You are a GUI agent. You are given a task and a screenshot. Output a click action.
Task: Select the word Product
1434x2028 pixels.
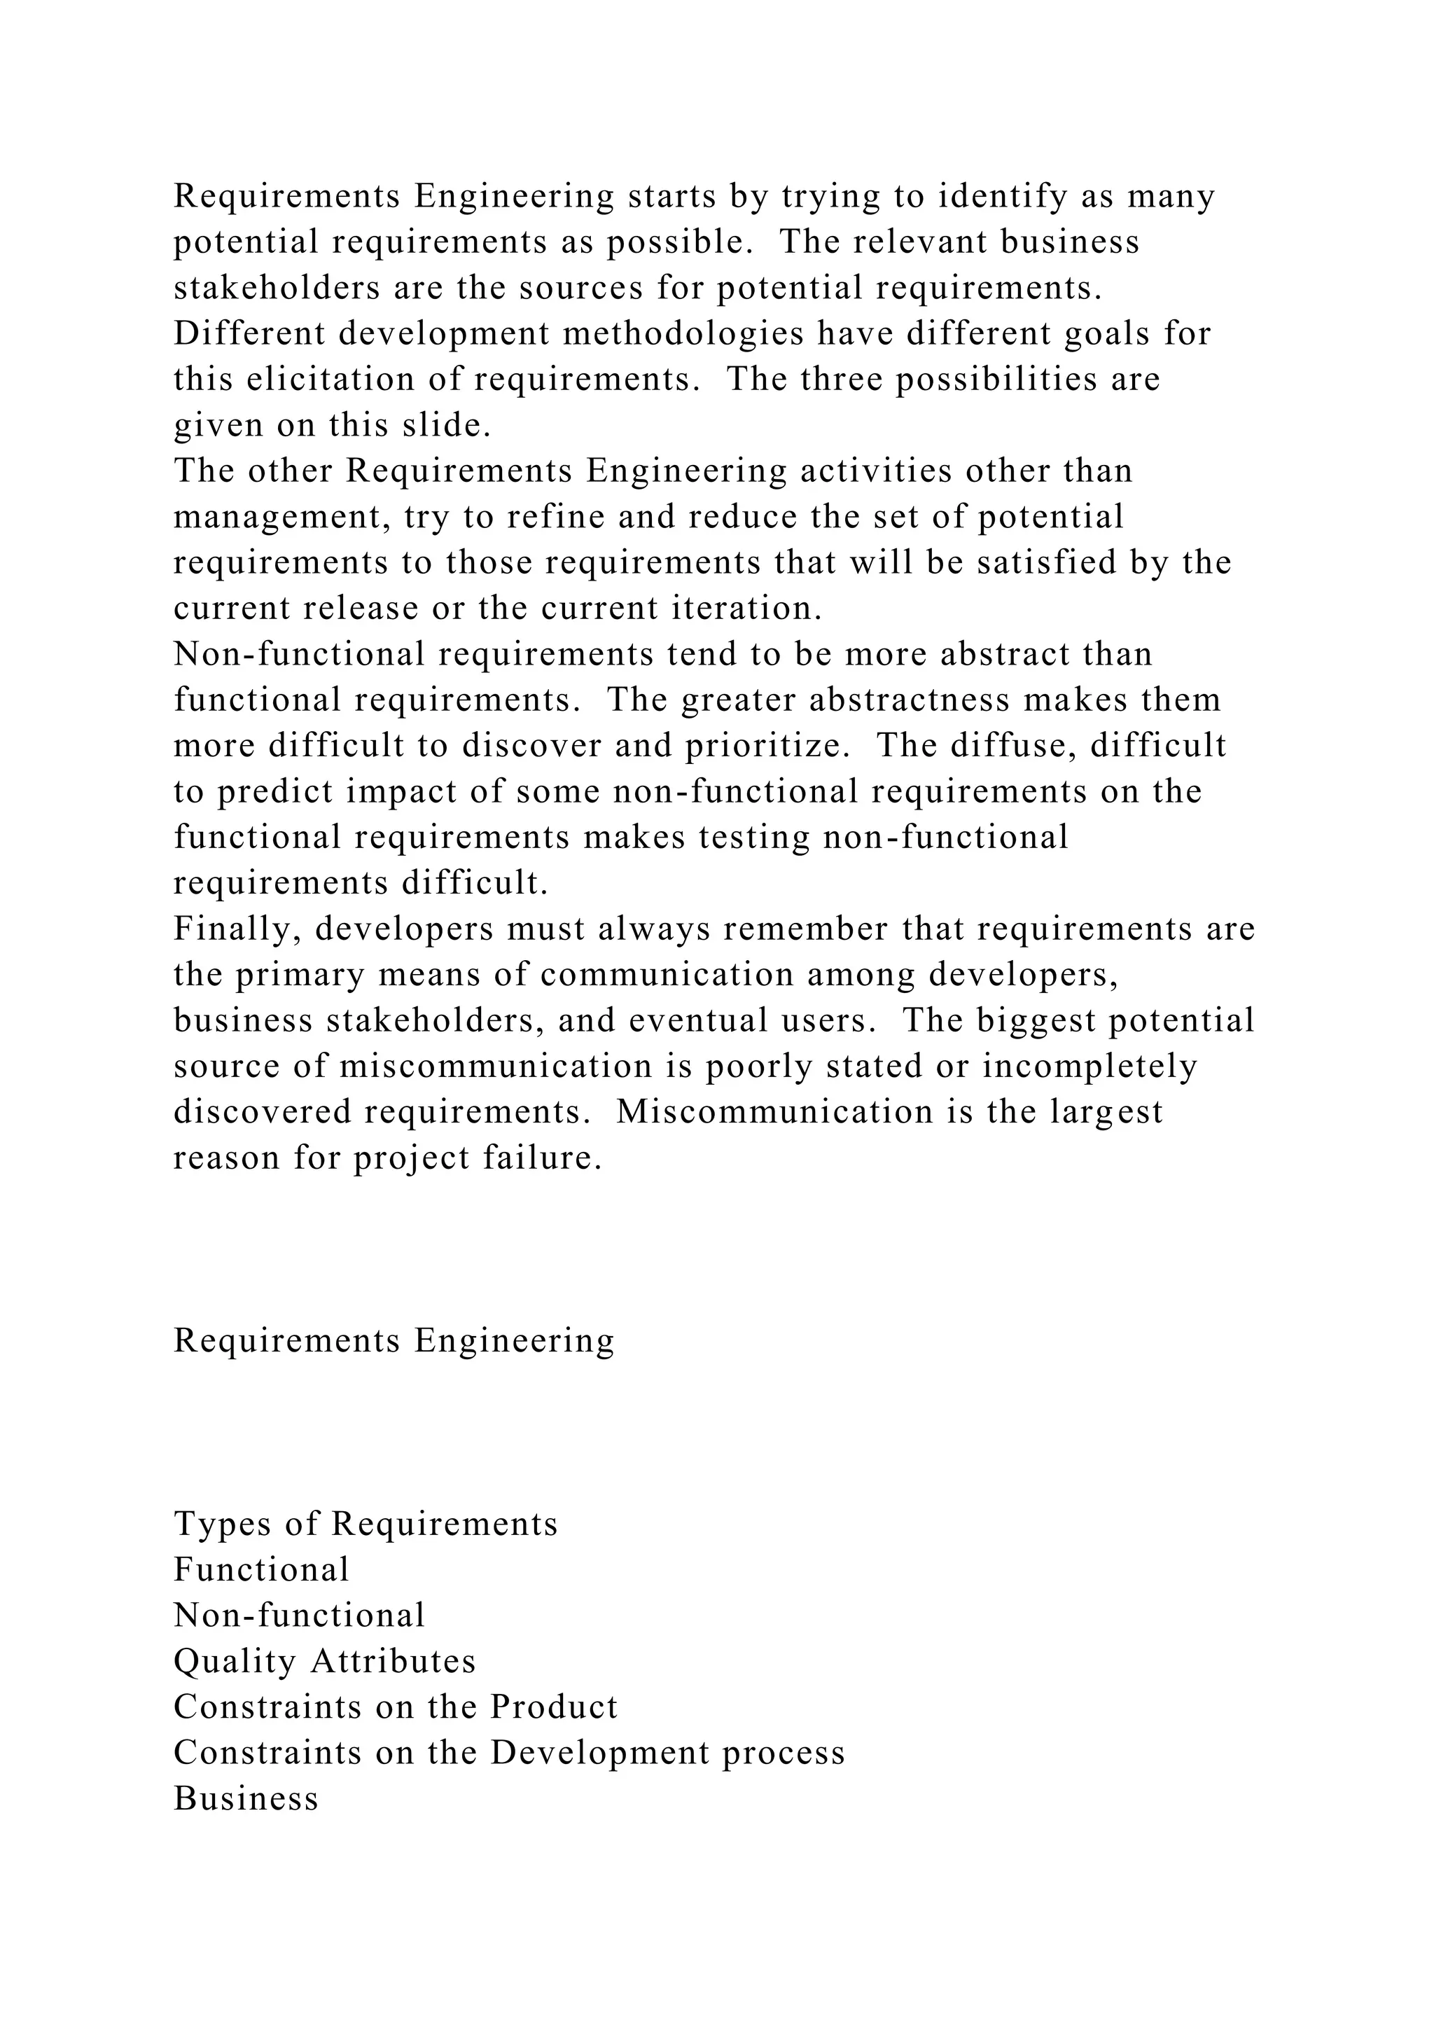coord(554,1707)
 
